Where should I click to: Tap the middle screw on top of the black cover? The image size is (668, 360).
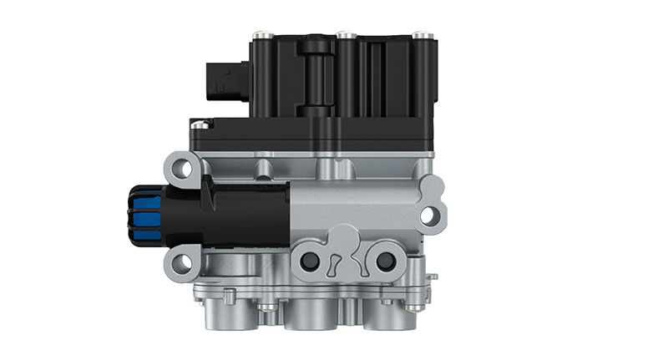coord(343,35)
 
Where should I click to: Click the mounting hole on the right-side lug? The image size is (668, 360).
coord(428,215)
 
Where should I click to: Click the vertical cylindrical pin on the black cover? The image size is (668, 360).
coord(316,75)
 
